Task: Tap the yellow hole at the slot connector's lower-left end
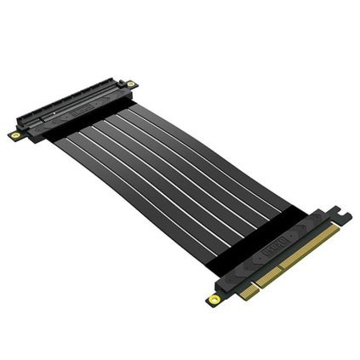15,134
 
